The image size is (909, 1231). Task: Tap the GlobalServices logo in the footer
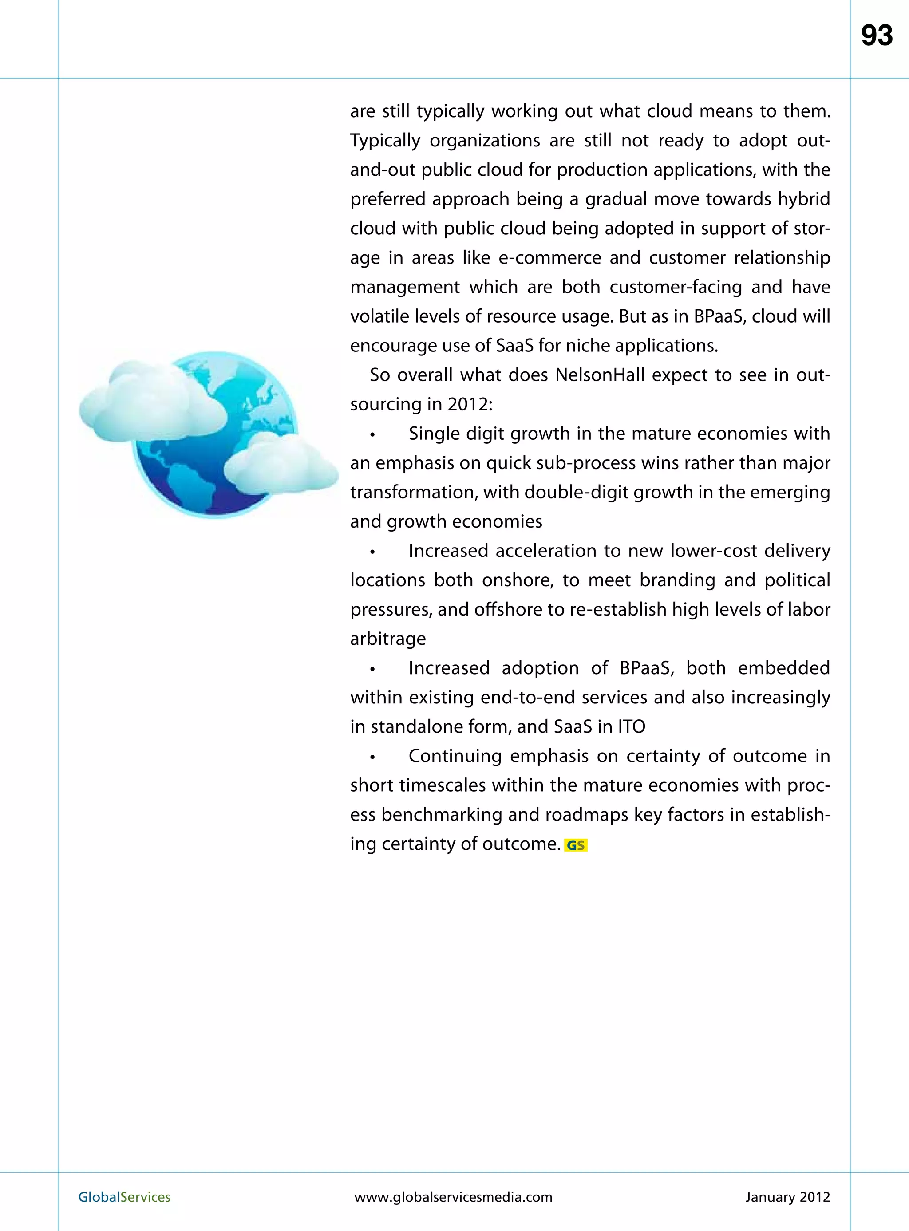tap(124, 1197)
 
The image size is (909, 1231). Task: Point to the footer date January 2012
tap(787, 1197)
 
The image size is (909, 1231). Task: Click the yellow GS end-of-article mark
tap(576, 845)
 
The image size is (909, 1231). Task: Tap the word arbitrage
tap(388, 639)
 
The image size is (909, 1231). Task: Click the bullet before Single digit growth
tap(372, 434)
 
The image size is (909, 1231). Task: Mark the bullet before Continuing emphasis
tap(372, 757)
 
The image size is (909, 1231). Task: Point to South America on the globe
tap(187, 484)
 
